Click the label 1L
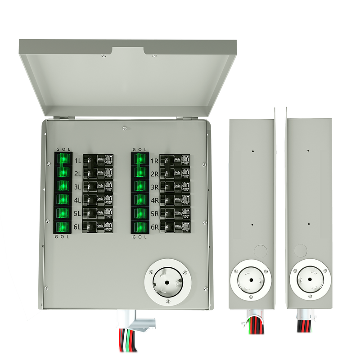click(x=78, y=161)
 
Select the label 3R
click(x=154, y=187)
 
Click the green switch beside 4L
click(x=62, y=199)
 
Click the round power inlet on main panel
click(x=167, y=282)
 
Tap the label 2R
click(x=154, y=174)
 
